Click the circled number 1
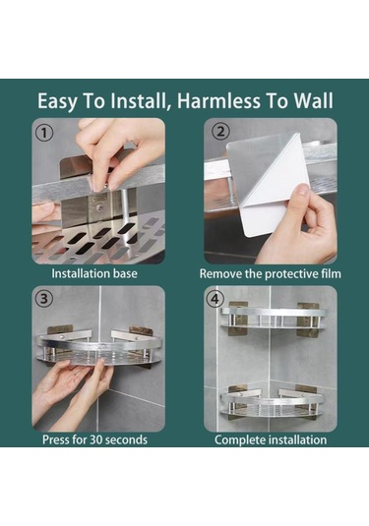click(44, 133)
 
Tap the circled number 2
click(220, 131)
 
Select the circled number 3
click(44, 298)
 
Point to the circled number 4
click(215, 298)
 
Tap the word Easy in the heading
click(57, 101)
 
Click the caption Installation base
click(94, 273)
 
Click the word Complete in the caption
click(237, 439)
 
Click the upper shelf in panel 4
click(273, 318)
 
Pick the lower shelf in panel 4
click(272, 404)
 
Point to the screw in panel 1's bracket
click(99, 208)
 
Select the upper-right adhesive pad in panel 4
click(308, 319)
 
